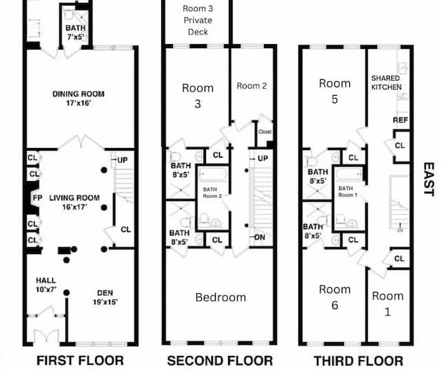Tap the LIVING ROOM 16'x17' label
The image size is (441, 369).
point(68,202)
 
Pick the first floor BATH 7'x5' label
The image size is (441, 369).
point(76,32)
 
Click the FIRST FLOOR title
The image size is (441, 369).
point(80,360)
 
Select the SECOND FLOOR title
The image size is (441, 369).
point(220,360)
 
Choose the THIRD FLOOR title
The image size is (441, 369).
point(358,360)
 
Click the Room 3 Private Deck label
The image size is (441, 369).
point(198,20)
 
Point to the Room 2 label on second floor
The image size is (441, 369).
point(251,86)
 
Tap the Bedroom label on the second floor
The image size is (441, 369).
point(220,297)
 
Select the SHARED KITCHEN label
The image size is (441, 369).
point(386,83)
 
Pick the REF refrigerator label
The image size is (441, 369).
point(400,120)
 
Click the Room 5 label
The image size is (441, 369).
point(335,90)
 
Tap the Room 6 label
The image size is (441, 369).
point(335,297)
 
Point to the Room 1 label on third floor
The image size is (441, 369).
point(388,303)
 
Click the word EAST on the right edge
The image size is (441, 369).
point(429,179)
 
